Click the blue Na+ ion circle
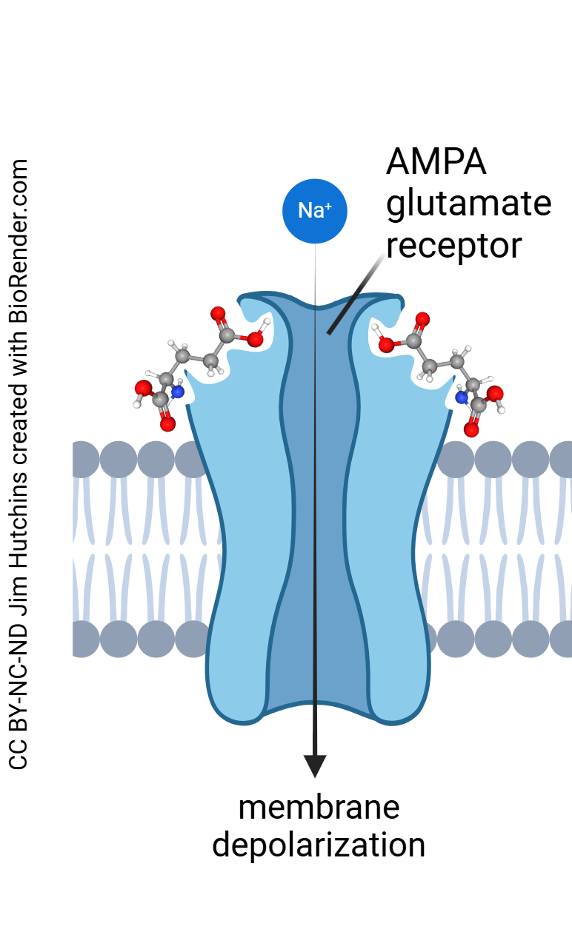315,210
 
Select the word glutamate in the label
468,204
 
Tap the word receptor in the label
453,244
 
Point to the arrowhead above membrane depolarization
315,765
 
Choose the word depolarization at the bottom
319,845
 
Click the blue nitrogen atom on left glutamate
177,392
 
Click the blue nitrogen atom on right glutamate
462,398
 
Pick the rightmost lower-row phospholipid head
563,639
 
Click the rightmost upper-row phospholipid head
563,460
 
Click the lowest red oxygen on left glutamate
167,424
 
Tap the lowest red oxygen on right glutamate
471,429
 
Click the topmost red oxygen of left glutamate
218,314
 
